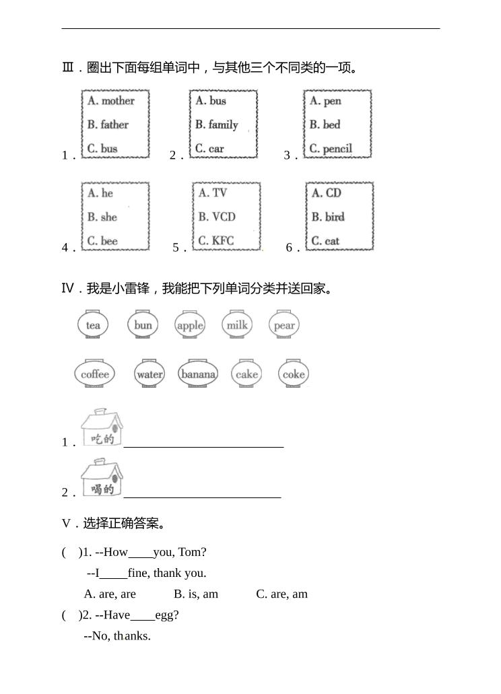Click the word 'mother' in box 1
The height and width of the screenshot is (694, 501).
click(118, 101)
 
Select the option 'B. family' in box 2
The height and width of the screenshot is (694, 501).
click(216, 125)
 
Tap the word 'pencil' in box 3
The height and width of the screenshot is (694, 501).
click(337, 149)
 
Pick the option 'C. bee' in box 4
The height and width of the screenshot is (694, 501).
click(102, 241)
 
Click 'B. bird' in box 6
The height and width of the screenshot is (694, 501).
click(327, 217)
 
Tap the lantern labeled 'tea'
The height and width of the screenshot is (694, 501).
click(93, 325)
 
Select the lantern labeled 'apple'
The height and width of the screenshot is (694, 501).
click(190, 325)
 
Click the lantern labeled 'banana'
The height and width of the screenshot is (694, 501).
click(199, 374)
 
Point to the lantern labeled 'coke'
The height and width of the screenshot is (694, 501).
click(294, 374)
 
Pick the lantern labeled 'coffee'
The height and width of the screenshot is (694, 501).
click(95, 374)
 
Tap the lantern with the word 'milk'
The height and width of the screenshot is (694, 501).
click(237, 325)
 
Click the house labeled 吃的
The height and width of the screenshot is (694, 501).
click(102, 427)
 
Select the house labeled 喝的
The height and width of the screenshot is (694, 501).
click(102, 477)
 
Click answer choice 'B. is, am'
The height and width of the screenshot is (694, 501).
click(196, 594)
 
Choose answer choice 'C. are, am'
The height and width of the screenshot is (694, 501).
click(281, 594)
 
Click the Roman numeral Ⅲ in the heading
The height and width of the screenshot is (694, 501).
click(67, 67)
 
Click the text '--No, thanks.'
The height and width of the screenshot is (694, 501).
click(117, 635)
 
